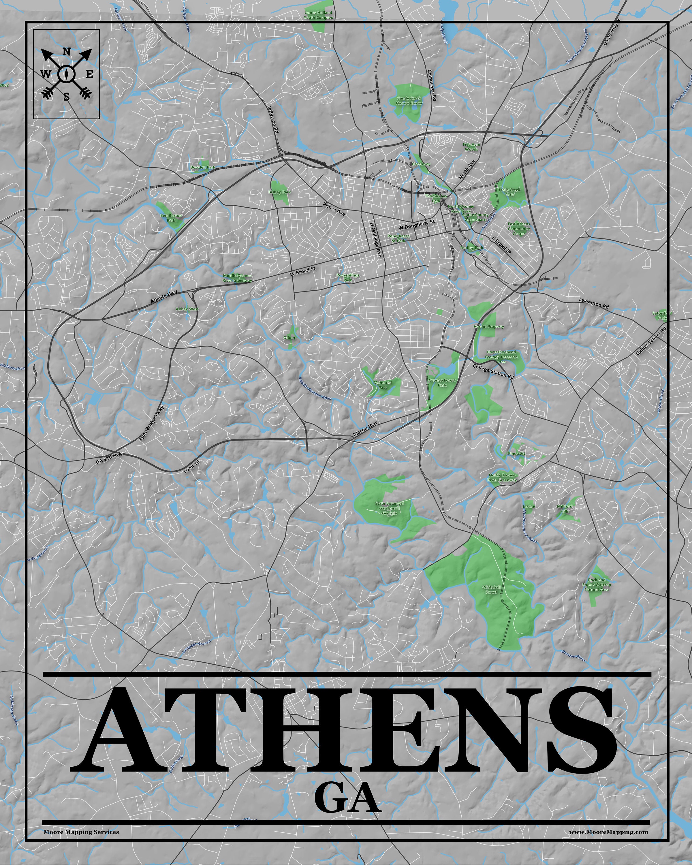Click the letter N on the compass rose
coord(67,52)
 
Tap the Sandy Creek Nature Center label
coord(409,101)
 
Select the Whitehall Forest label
coord(491,589)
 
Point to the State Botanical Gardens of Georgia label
coord(389,508)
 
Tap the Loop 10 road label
coord(192,466)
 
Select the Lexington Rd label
coord(594,303)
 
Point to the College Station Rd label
coord(493,371)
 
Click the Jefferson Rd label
coord(273,120)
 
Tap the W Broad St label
coord(302,272)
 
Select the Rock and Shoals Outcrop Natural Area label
coord(597,584)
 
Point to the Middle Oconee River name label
coord(315,388)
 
